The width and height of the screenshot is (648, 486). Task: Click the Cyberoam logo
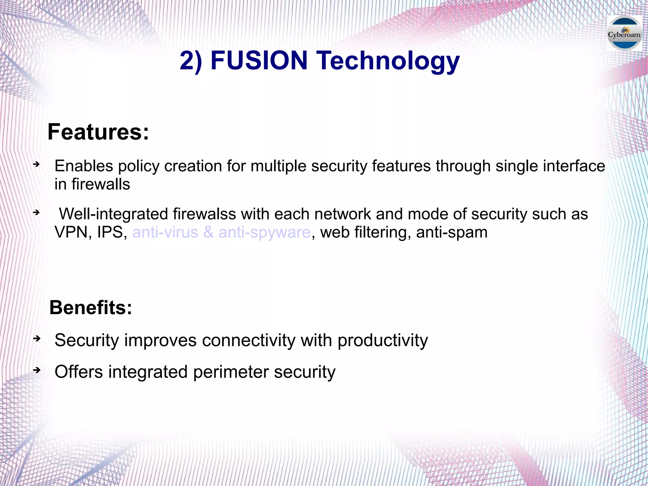(x=624, y=34)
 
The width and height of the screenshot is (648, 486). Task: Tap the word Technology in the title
(x=389, y=61)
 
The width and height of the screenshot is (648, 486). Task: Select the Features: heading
(x=98, y=132)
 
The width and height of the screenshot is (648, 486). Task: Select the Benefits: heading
(x=91, y=307)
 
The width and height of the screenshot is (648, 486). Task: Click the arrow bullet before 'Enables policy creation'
(x=37, y=164)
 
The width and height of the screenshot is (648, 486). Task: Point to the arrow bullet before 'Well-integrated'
(x=37, y=212)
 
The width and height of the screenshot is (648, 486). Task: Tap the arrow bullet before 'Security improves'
(x=37, y=338)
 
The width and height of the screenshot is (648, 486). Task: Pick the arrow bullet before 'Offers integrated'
(x=37, y=370)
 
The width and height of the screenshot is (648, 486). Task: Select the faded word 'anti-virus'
(x=165, y=232)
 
